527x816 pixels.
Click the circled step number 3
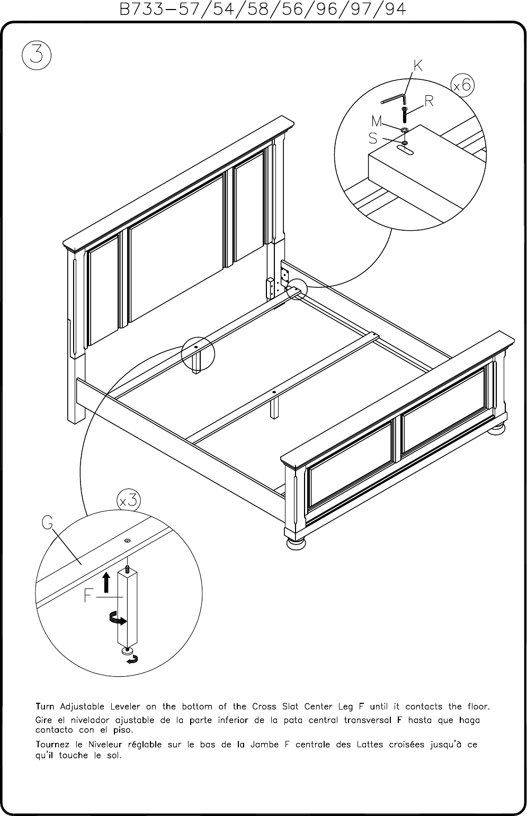click(37, 56)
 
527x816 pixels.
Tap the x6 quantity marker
click(463, 85)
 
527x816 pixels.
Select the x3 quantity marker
click(128, 501)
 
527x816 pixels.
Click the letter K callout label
click(418, 66)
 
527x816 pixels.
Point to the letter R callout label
click(429, 101)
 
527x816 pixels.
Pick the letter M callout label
click(377, 121)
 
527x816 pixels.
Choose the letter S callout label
click(373, 139)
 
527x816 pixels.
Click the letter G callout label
click(48, 523)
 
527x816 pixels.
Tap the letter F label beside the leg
click(88, 596)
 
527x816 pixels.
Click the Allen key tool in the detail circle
click(395, 99)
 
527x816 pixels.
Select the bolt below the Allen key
click(405, 115)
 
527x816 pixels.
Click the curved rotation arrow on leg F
click(118, 619)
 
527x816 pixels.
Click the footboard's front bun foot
click(296, 544)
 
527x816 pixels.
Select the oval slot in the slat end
click(405, 149)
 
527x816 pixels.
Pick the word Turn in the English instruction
click(45, 706)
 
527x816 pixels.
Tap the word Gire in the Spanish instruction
click(43, 720)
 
